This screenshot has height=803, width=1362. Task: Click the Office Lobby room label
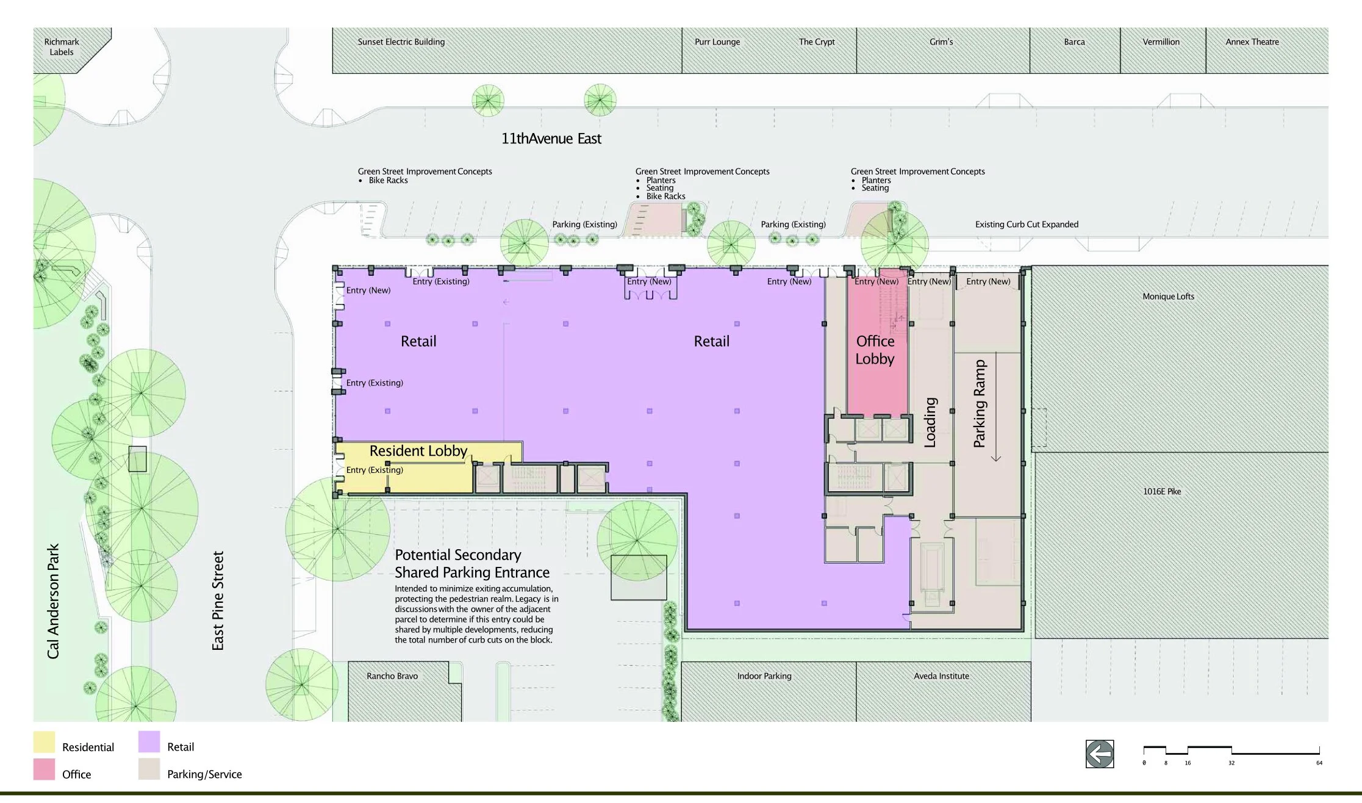tap(875, 350)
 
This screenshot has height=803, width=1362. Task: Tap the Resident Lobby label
tap(418, 451)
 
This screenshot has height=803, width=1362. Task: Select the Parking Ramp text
tap(980, 403)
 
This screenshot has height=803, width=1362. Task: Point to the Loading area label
tap(930, 422)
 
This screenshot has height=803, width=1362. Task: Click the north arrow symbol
tap(1100, 754)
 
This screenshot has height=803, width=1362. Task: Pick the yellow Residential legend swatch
tap(44, 742)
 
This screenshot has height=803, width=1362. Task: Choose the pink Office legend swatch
tap(44, 769)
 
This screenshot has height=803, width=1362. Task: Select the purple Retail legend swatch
tap(149, 742)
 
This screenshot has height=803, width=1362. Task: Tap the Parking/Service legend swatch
tap(149, 769)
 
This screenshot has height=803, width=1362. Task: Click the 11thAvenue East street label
tap(551, 139)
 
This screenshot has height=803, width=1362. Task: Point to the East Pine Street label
tap(218, 601)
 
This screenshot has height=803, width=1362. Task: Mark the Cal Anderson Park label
tap(53, 601)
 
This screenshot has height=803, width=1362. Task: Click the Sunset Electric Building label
tap(401, 42)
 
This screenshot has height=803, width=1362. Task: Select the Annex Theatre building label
tap(1252, 42)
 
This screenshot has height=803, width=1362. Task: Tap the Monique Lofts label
tap(1169, 297)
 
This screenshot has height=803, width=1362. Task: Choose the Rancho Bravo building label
tap(392, 676)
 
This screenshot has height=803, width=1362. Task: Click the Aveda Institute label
tap(941, 676)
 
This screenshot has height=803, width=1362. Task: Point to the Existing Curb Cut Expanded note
tap(1027, 225)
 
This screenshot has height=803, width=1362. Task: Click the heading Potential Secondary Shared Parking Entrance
tap(472, 564)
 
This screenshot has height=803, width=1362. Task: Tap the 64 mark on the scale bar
tap(1319, 763)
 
